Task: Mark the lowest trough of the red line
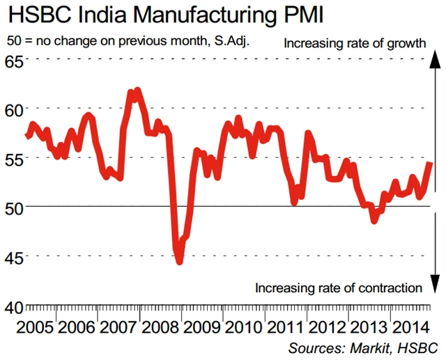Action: point(179,261)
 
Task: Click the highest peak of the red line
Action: point(137,91)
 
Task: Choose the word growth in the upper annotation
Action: point(406,43)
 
